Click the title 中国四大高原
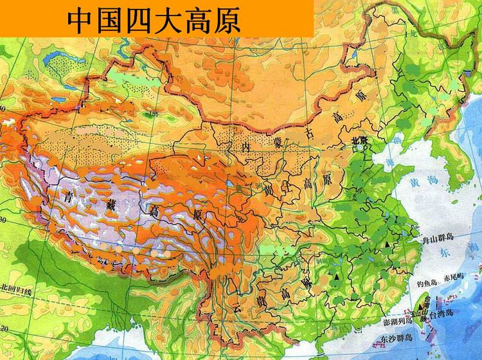[154, 20]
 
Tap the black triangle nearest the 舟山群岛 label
[387, 246]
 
